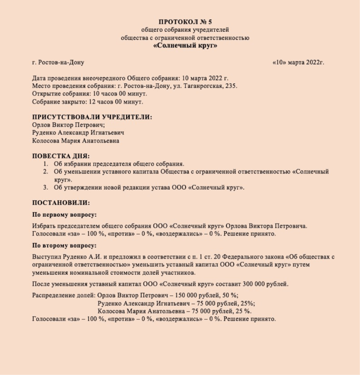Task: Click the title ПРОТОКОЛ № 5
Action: [185, 22]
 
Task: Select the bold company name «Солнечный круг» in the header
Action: [185, 46]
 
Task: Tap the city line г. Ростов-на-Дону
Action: [58, 62]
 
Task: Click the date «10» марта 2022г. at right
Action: [298, 62]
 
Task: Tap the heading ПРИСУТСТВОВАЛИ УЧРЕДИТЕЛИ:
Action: [92, 117]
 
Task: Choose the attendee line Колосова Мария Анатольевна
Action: [75, 140]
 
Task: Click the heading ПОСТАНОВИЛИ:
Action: [60, 203]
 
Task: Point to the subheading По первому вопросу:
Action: [64, 214]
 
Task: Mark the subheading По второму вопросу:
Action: [64, 245]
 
